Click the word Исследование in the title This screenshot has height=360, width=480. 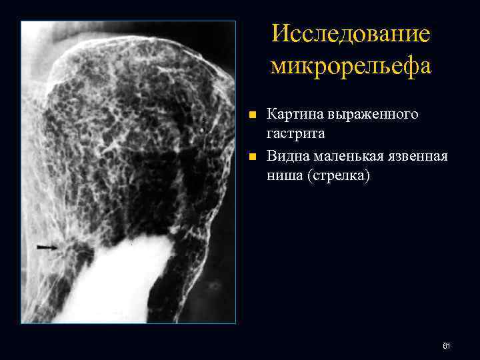coord(351,36)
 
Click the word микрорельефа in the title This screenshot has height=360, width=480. coord(351,67)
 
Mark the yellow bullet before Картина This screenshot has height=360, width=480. coord(252,115)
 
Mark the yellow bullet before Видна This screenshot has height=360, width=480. coord(252,157)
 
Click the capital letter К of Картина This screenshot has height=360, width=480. coord(271,115)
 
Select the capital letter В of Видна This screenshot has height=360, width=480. coord(271,156)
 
